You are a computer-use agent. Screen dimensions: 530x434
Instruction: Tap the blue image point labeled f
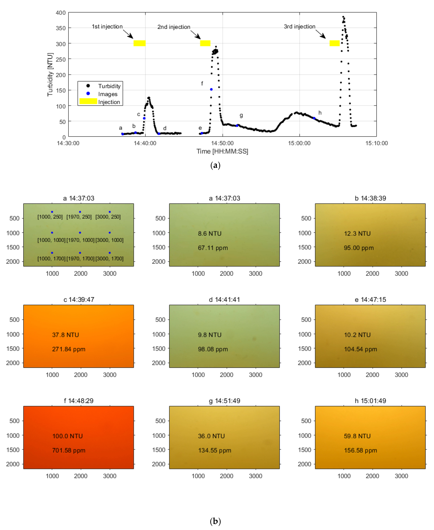[211, 89]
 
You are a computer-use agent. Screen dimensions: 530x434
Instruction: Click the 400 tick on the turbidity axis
[61, 13]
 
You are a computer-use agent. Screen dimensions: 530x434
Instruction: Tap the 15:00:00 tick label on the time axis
[299, 143]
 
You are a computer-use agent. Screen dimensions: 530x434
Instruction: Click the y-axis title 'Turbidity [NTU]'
[50, 75]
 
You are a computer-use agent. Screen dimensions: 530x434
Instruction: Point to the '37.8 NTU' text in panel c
[66, 335]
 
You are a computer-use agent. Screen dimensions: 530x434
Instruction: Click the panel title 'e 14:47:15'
[370, 300]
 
